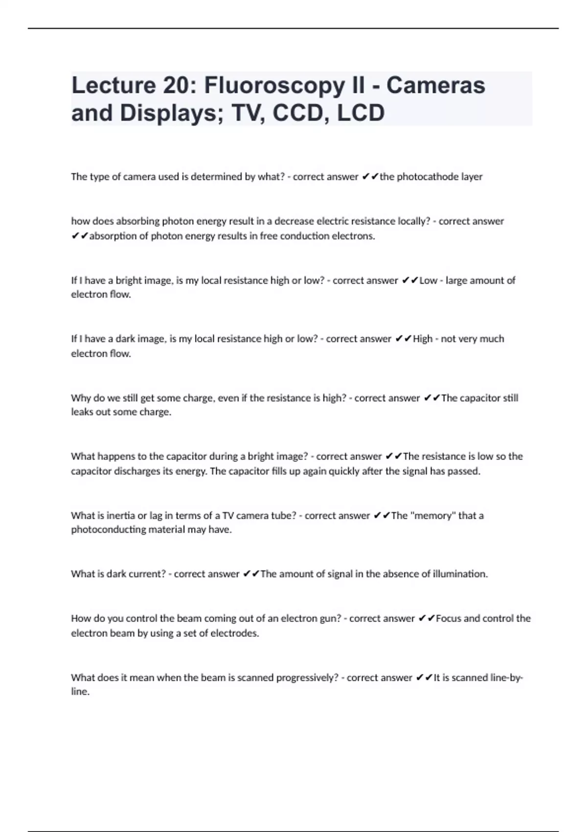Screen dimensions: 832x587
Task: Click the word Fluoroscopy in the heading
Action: [x=274, y=86]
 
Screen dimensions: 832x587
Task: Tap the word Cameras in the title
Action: [x=435, y=85]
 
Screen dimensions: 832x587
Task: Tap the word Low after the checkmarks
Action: [x=428, y=280]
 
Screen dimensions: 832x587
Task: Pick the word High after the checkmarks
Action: [x=423, y=339]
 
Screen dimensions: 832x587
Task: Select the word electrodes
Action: [x=234, y=633]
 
